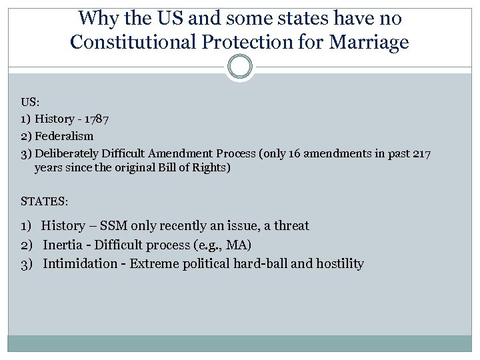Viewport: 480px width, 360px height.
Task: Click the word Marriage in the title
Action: click(x=371, y=43)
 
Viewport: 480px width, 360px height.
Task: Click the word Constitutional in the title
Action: click(x=129, y=43)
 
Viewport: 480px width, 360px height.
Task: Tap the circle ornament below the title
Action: click(x=240, y=67)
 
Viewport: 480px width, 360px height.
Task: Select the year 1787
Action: click(x=96, y=119)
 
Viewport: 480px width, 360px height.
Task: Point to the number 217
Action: click(x=421, y=153)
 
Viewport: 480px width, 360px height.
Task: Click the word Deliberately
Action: click(x=66, y=153)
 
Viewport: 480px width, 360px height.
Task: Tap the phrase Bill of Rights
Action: click(x=193, y=167)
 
